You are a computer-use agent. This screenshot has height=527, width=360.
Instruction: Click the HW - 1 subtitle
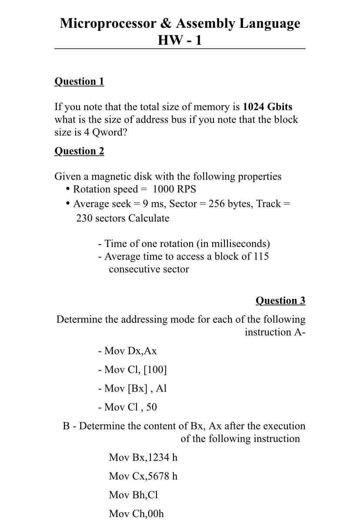[180, 40]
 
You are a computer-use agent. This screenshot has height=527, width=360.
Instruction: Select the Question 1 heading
[79, 81]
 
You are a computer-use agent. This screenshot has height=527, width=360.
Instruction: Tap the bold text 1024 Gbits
[267, 107]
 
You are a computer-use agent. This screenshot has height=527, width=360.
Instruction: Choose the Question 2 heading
[79, 151]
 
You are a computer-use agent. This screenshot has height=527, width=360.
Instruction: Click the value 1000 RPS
[174, 189]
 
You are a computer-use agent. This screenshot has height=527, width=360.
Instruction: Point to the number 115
[260, 256]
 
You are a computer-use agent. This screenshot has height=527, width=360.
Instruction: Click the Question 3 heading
[280, 301]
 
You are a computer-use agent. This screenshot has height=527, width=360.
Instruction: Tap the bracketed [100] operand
[154, 370]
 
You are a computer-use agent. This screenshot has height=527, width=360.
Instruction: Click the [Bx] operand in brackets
[137, 388]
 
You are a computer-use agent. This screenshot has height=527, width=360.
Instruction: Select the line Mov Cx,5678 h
[143, 476]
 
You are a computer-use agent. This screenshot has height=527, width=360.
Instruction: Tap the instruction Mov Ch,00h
[137, 514]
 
